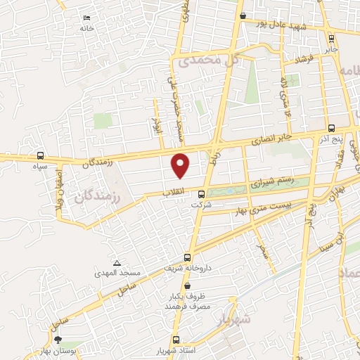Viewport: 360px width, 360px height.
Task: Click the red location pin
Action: point(181,165)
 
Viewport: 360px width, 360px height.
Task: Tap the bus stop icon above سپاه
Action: point(39,156)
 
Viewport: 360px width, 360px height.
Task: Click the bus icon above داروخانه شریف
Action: point(187,257)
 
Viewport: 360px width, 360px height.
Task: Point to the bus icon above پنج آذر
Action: point(331,128)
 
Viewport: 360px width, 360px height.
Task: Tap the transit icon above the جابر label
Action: point(331,39)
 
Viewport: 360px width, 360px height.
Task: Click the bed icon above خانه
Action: point(86,18)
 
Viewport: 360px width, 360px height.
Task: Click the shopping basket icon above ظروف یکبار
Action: point(187,285)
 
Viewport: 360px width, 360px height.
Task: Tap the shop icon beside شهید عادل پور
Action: point(243,15)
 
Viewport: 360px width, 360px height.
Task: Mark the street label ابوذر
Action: point(156,120)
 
